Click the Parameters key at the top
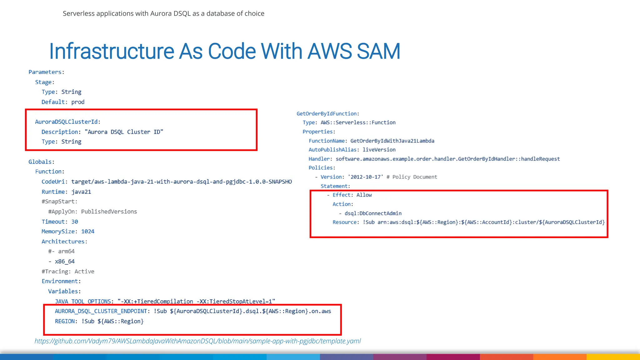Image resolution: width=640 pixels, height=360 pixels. [x=45, y=72]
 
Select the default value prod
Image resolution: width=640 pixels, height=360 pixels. [x=78, y=102]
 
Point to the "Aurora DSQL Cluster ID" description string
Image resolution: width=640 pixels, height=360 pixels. [x=124, y=132]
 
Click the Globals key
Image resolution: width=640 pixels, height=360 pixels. [x=40, y=162]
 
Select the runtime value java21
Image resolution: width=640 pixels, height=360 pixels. [x=81, y=192]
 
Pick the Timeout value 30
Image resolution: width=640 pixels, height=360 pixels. [x=75, y=222]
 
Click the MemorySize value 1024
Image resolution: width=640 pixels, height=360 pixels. [x=87, y=232]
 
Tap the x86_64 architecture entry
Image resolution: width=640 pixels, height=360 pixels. [x=64, y=262]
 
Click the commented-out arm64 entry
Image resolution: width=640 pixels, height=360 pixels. [x=62, y=252]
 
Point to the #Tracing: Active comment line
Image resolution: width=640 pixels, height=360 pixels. [x=68, y=272]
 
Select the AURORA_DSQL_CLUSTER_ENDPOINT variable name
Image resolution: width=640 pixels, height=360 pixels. [x=101, y=311]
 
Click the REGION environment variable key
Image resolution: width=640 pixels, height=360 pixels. [x=65, y=321]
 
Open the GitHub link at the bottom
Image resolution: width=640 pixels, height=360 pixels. [x=197, y=341]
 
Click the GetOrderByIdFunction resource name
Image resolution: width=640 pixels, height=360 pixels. [x=327, y=114]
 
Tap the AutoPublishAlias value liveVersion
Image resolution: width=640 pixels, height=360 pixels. [x=379, y=150]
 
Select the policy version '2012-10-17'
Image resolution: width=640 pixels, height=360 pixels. [x=365, y=177]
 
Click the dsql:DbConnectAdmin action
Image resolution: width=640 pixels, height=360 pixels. [x=373, y=213]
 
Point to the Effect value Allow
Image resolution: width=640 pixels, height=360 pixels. [x=364, y=195]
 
